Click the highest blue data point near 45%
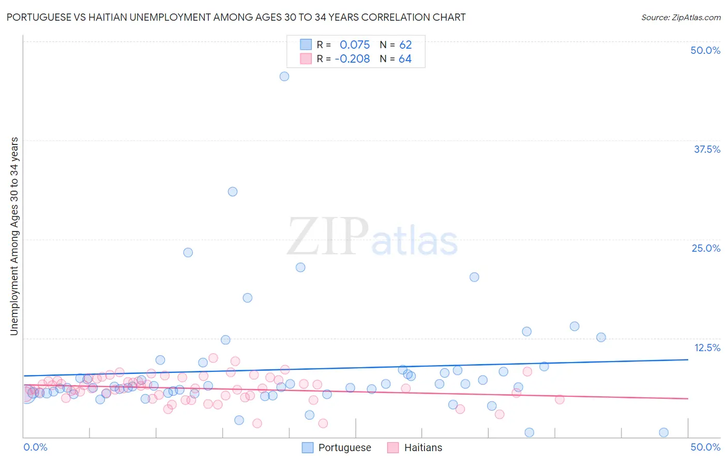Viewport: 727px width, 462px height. [284, 76]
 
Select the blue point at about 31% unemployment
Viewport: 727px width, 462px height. [233, 192]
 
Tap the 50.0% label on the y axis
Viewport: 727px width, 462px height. [705, 50]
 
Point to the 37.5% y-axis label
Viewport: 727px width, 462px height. [707, 149]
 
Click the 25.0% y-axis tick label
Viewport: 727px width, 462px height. [706, 248]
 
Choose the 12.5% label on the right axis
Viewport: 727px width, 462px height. [707, 348]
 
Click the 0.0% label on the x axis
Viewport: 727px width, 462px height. [36, 447]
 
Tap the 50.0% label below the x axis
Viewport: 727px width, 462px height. [705, 447]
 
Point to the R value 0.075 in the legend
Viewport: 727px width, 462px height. [355, 45]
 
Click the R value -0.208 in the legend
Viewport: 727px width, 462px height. [352, 59]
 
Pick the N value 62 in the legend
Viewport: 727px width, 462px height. [405, 45]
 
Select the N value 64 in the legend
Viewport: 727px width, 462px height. [405, 59]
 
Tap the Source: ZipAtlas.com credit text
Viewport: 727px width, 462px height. [680, 18]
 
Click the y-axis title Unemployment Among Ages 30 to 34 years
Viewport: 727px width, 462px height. [14, 236]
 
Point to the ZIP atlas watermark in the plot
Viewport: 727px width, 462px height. [372, 237]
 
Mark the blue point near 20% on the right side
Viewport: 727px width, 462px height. [474, 277]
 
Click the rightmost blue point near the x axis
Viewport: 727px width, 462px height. [663, 432]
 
